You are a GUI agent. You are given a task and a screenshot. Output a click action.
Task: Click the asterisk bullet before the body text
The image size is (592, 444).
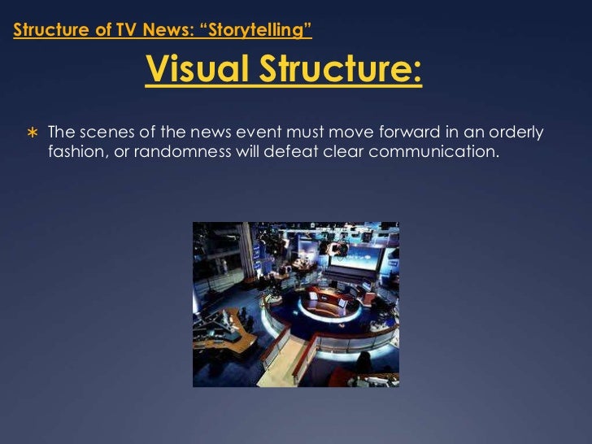(x=32, y=133)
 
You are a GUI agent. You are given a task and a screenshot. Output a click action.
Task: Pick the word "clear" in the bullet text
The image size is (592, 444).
(x=344, y=151)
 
